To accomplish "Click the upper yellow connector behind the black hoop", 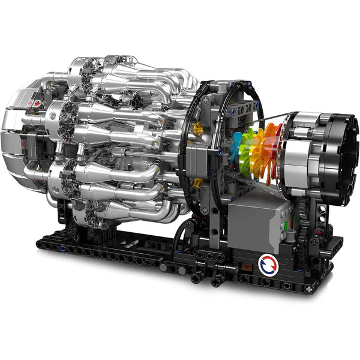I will pos(198,128).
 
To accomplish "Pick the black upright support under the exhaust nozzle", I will pos(321,216).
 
